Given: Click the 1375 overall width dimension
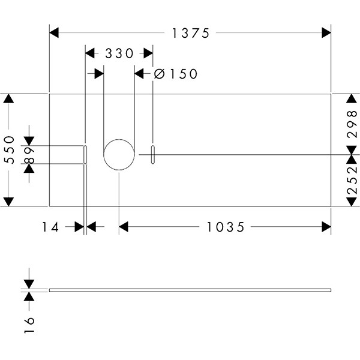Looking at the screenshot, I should pos(190,34).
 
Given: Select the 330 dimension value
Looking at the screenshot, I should pos(119,53).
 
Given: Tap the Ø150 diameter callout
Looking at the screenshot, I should pos(176,74).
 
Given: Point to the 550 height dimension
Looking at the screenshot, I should pos(10,150).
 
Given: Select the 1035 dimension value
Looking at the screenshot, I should pos(225,227).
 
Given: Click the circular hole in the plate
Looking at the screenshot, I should pos(119,155).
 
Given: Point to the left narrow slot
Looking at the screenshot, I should pos(86,155).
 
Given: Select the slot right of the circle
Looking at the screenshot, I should pos(153,154).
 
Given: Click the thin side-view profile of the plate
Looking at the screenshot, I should pos(190,290).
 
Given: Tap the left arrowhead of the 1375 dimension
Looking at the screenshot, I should pos(53,34).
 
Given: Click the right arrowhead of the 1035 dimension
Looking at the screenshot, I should pos(327,227).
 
